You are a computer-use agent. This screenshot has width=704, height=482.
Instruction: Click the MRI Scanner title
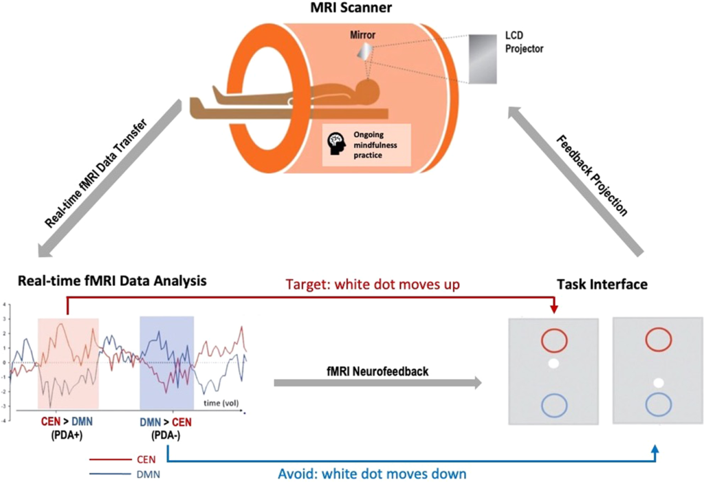[352, 8]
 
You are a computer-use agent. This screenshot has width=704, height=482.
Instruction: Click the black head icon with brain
[336, 142]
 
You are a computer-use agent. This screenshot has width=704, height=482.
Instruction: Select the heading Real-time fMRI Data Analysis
[104, 281]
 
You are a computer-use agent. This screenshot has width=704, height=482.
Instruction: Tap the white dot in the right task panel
[659, 382]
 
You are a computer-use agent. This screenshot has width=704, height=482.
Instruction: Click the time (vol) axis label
[219, 402]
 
